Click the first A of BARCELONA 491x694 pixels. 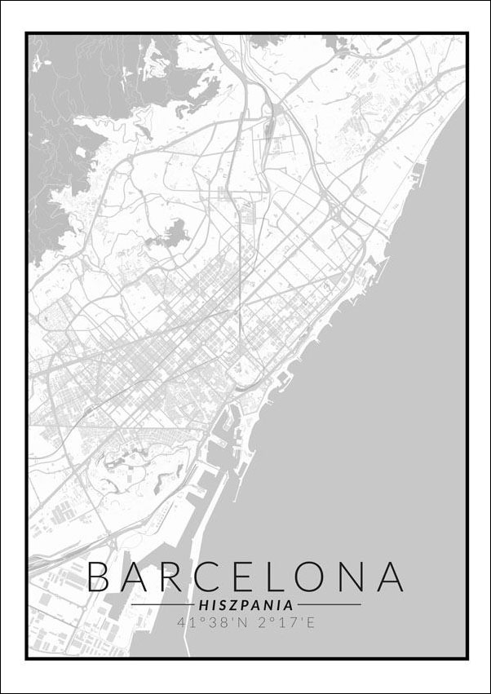click(139, 577)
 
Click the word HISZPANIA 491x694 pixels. click(245, 605)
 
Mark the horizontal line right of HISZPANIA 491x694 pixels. click(330, 605)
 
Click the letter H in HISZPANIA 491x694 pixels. click(203, 605)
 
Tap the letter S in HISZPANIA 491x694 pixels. click(222, 605)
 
